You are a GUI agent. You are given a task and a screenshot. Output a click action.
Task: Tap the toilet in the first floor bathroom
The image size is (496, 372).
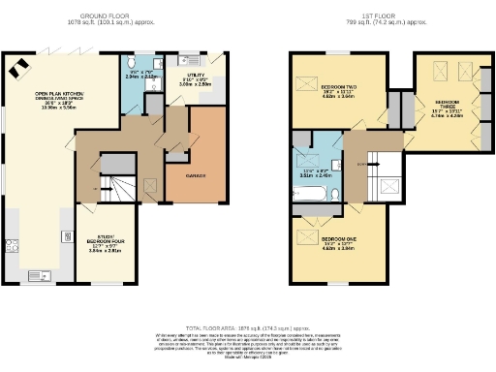tap(333, 195)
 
